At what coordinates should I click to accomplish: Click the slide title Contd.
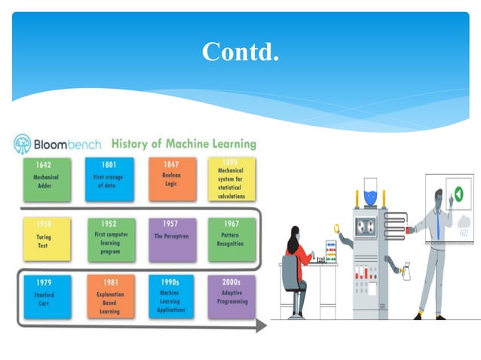click(x=240, y=51)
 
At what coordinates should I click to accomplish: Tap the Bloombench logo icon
click(x=23, y=144)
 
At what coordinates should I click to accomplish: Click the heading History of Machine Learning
click(x=183, y=143)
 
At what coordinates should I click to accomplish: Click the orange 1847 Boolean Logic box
click(x=172, y=179)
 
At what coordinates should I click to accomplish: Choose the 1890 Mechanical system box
click(x=231, y=179)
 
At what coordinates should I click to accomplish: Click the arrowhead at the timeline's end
click(x=261, y=326)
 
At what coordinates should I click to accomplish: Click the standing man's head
click(x=439, y=198)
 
